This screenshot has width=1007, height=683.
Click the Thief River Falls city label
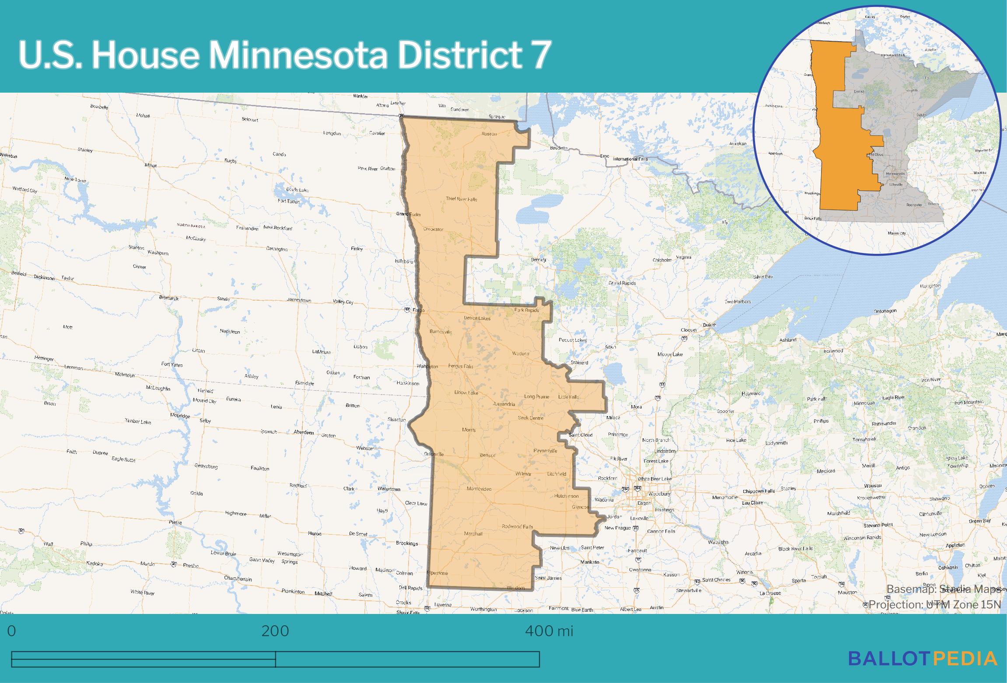[461, 199]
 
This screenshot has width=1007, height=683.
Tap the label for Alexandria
[504, 404]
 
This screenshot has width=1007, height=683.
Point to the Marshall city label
[473, 534]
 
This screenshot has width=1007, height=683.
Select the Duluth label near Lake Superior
[710, 325]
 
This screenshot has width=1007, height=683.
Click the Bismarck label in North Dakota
[168, 298]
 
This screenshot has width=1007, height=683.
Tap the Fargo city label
[419, 310]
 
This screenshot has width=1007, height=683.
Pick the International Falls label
[630, 159]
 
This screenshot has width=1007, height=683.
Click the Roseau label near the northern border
[489, 134]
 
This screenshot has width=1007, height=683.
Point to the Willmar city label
[523, 474]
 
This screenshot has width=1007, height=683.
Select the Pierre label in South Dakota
[175, 522]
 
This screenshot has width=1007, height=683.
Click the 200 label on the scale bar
[275, 631]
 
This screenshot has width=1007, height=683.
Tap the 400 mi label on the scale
[549, 631]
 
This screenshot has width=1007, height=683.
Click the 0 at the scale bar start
[12, 631]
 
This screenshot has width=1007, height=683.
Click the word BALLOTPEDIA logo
[923, 658]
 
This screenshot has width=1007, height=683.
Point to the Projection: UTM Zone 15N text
[934, 604]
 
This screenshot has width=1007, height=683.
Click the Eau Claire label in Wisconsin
[753, 503]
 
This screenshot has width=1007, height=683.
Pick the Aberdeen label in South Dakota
[304, 432]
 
